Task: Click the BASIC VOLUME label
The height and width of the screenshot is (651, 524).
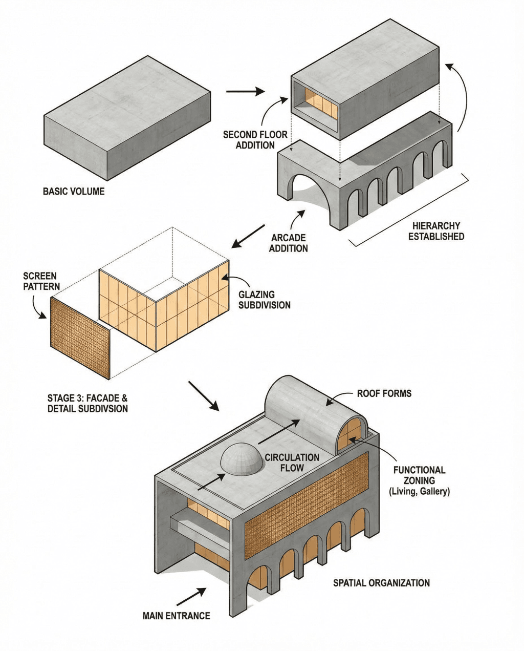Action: tap(74, 192)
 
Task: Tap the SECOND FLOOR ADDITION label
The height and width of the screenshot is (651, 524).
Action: tap(255, 140)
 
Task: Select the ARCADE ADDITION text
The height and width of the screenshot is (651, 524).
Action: tap(289, 243)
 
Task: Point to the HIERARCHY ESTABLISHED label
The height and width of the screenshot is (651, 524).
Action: tap(436, 231)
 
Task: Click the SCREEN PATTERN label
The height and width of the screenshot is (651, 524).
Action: tap(40, 281)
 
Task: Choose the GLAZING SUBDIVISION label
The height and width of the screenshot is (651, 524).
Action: tap(264, 300)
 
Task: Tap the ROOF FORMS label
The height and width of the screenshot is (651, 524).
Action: tap(384, 394)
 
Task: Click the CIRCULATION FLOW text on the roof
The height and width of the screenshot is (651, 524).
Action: tap(292, 462)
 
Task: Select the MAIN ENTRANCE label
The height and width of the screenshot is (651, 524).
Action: tap(177, 616)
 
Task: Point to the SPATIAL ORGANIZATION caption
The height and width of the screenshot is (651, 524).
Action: tap(381, 583)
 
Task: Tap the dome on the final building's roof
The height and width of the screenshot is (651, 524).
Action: tap(242, 457)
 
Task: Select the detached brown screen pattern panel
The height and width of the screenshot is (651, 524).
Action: tap(80, 336)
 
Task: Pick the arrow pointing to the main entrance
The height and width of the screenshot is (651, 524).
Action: tap(192, 597)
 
